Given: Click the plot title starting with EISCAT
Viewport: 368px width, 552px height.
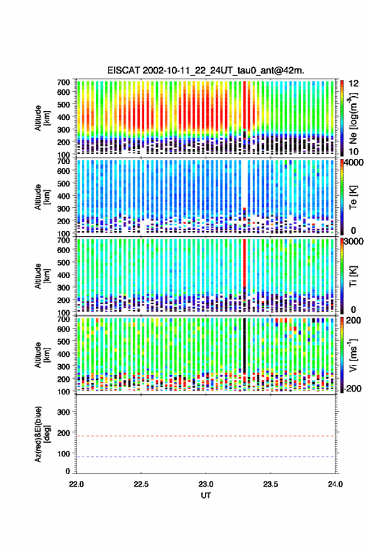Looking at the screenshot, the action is coord(206,70).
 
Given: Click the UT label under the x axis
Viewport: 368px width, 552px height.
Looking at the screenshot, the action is coord(206,495).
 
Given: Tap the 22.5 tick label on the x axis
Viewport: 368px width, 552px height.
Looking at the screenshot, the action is coord(141,484).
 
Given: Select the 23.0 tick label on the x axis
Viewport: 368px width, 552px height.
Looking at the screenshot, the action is coord(206,484).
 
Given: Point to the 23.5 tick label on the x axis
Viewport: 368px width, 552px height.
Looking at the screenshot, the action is coord(270,484).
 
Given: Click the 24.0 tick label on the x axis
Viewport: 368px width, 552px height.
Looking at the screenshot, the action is coord(335,484).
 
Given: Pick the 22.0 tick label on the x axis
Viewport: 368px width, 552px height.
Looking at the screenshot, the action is coord(76,484).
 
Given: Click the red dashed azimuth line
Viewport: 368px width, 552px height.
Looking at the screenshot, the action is coord(206,436).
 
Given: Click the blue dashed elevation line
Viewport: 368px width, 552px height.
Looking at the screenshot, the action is coord(206,457).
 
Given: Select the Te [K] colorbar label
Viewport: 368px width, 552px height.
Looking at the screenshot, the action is coord(353,197).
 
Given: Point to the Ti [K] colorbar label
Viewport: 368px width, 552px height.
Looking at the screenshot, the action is coord(353,276).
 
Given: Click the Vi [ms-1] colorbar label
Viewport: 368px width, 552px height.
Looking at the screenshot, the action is coord(353,355).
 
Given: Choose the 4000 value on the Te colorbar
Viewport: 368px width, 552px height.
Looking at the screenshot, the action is coord(353,163).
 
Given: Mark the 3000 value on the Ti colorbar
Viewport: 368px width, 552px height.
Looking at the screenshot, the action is coord(353,242).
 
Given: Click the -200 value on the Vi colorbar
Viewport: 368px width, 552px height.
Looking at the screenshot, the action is coord(352,388).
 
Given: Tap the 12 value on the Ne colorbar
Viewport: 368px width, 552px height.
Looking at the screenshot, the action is coord(353,84).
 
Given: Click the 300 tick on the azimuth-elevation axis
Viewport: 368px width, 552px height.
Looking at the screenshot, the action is coord(63,412).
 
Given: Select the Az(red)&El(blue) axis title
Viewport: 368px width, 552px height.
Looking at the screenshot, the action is coord(42,434).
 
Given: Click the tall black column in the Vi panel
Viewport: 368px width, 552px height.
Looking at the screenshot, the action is coord(244,345).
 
